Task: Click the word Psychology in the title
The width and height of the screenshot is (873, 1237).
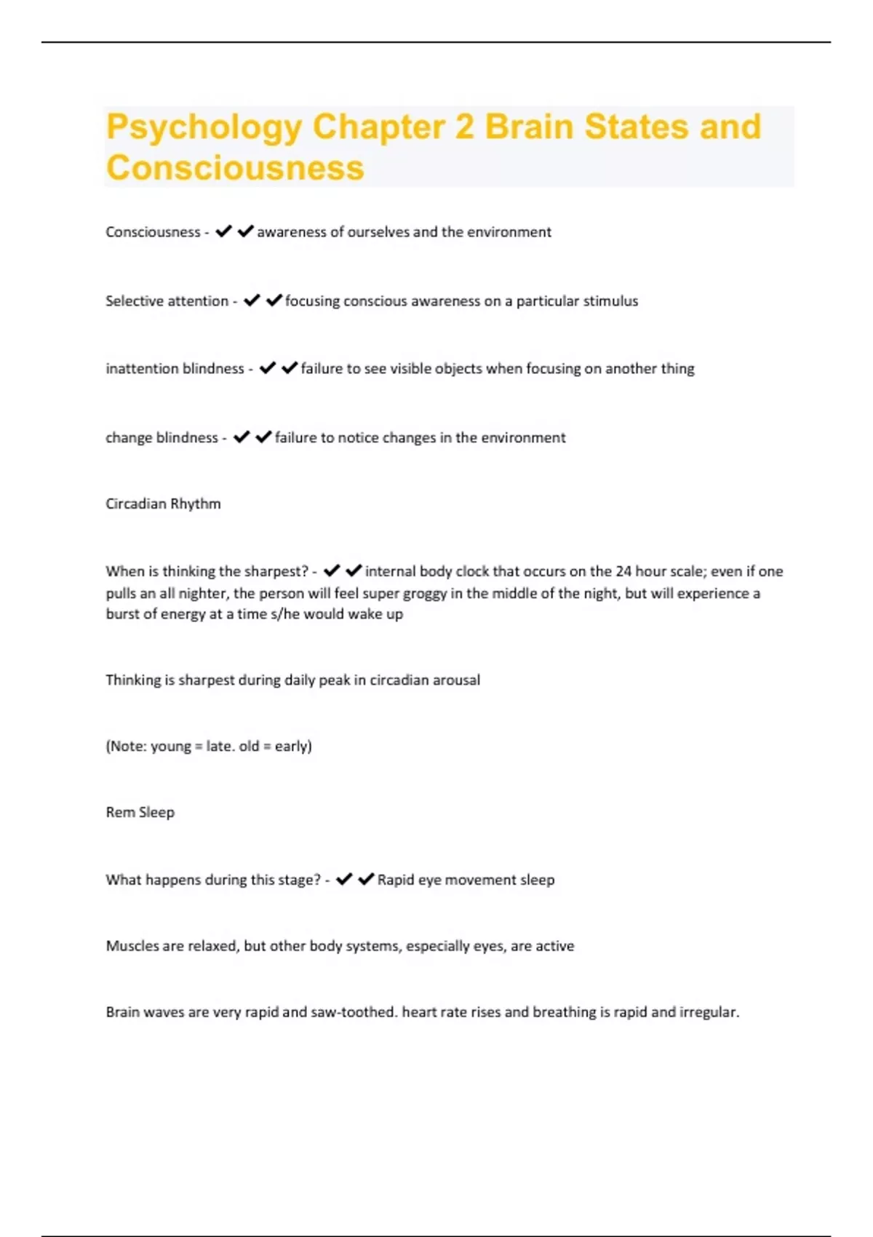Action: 203,127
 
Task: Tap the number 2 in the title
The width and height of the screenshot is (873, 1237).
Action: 464,127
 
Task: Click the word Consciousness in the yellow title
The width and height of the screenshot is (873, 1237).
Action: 235,167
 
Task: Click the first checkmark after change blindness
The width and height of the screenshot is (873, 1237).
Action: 242,437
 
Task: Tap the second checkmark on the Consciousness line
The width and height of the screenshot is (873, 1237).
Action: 246,231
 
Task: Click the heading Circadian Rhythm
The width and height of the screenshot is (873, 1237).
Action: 163,504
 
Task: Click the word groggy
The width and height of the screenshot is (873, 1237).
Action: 425,593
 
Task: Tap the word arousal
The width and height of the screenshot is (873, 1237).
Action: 456,680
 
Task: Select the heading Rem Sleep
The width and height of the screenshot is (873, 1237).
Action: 140,813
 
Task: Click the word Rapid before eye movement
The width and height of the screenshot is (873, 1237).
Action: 396,880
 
